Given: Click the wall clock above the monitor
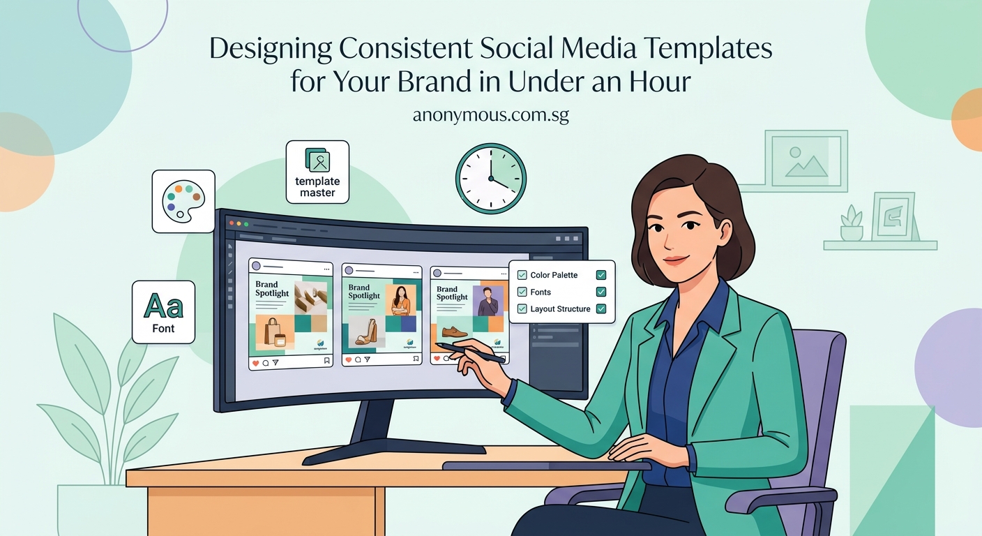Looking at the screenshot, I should pos(490,178).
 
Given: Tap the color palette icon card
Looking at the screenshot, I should pos(183,202).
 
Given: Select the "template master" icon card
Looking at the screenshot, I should pos(317,172).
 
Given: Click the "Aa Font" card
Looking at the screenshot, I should pos(163,312).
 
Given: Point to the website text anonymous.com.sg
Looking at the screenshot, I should pos(490,115).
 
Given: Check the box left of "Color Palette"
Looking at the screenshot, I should pos(522,276).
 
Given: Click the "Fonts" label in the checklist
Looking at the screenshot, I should pos(541,292).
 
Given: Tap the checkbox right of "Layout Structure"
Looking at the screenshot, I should pos(601,309).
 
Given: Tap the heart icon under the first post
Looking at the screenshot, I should pos(255,363).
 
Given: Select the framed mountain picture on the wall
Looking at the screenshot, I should pos(806,161).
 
